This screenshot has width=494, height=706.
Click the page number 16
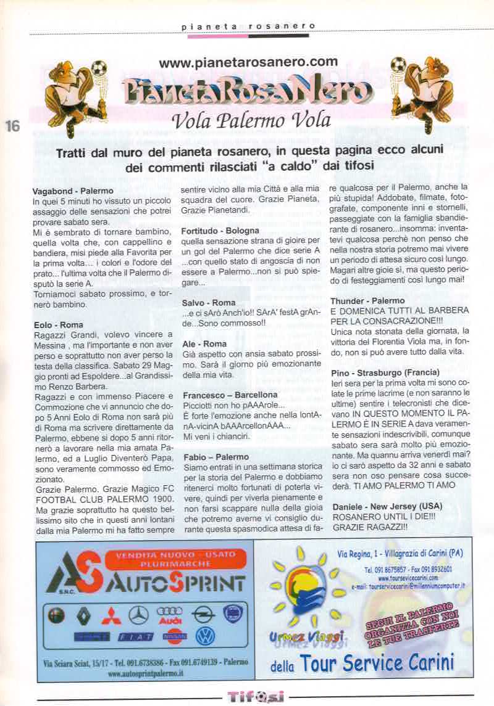pyautogui.click(x=12, y=125)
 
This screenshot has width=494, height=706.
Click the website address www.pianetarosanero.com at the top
pyautogui.click(x=248, y=62)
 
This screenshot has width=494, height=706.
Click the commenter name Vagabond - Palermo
pyautogui.click(x=72, y=191)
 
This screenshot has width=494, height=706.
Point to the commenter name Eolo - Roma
pyautogui.click(x=57, y=324)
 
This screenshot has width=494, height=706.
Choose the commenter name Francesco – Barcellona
pyautogui.click(x=230, y=393)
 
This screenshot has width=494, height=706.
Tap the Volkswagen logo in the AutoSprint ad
pyautogui.click(x=206, y=636)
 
